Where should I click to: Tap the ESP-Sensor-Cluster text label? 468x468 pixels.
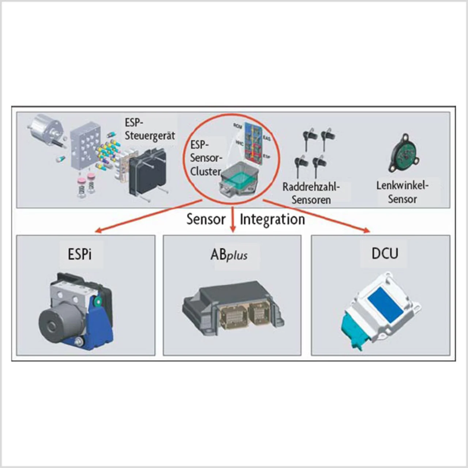point(206,158)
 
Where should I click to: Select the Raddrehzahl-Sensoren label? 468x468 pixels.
point(311,193)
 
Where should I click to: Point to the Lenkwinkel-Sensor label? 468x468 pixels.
point(402,192)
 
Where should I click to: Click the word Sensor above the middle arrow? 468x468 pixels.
point(206,219)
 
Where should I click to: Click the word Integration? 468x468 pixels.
point(272,219)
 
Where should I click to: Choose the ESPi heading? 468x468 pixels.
point(79,254)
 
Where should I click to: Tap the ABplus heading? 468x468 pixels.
point(229,254)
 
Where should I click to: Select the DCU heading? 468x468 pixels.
point(385,253)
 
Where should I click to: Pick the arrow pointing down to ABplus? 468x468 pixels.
point(233,219)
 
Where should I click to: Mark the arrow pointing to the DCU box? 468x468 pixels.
point(318,216)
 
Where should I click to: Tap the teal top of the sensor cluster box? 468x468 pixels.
point(239,179)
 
